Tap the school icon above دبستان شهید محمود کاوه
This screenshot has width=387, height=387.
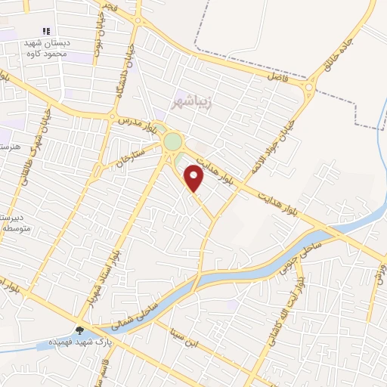tap(46, 32)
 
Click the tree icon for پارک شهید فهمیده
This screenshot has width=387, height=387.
tap(80, 330)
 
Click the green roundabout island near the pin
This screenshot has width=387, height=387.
tap(173, 141)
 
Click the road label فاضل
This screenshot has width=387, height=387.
tap(278, 76)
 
